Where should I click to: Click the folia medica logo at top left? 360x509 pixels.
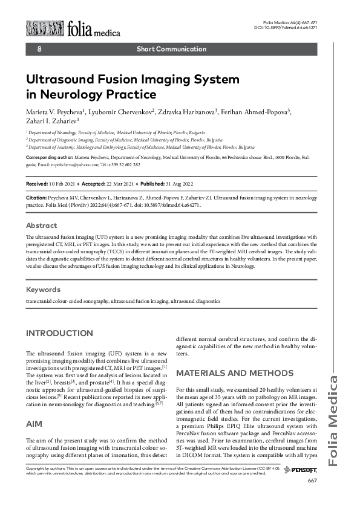[73, 28]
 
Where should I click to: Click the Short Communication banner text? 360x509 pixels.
[171, 49]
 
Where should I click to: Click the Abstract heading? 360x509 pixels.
[41, 225]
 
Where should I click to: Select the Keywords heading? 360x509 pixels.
[44, 290]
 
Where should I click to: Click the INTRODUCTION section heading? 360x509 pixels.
[59, 333]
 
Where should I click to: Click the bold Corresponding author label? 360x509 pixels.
[51, 157]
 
